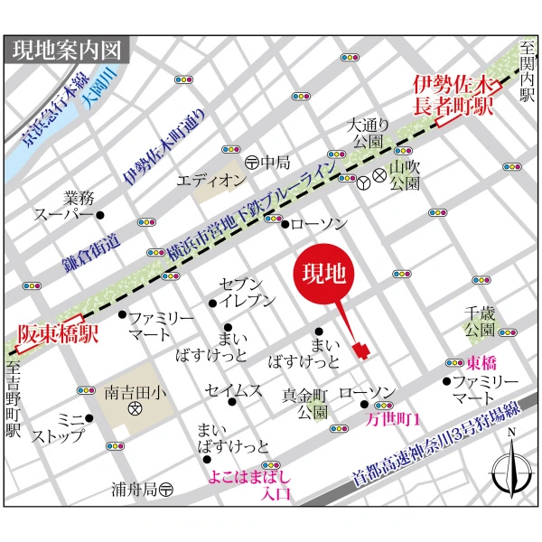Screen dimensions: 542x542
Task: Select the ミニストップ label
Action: coord(58,428)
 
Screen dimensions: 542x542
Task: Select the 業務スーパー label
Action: coord(64,206)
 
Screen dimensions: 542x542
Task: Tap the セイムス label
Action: coord(233,390)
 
